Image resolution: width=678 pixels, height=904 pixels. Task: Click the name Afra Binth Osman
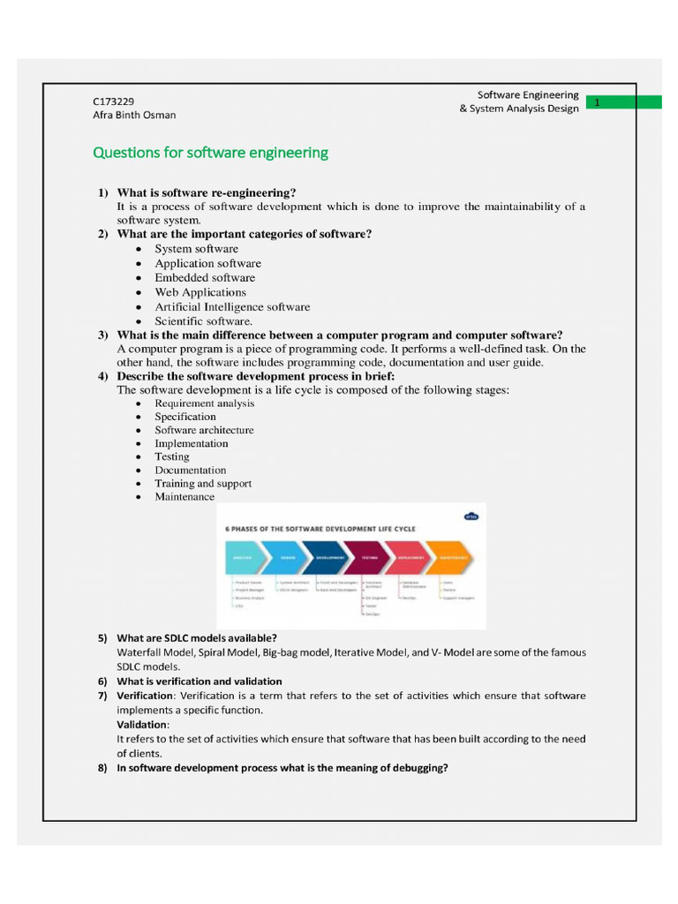[x=134, y=115]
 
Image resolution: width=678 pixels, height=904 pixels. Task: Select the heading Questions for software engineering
[x=210, y=153]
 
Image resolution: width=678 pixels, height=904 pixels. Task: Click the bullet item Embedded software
[x=205, y=278]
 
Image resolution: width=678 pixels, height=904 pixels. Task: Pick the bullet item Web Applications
[x=200, y=292]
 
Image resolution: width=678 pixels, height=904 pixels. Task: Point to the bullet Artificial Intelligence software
[x=232, y=307]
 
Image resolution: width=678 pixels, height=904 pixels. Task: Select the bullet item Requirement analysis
[x=204, y=403]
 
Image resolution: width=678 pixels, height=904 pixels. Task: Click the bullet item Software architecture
[x=204, y=430]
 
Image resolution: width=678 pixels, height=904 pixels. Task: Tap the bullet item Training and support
[x=203, y=484]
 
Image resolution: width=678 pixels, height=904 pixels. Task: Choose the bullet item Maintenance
[x=185, y=497]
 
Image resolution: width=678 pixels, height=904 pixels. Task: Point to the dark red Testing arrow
[x=370, y=558]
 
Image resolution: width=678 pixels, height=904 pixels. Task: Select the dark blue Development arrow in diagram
[x=328, y=558]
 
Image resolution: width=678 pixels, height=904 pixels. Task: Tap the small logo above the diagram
[x=471, y=517]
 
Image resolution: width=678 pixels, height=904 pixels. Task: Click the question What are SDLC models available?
[x=197, y=637]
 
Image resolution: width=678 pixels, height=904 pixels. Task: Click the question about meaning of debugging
[x=282, y=768]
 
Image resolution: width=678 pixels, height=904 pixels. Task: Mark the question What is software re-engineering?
[x=207, y=192]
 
